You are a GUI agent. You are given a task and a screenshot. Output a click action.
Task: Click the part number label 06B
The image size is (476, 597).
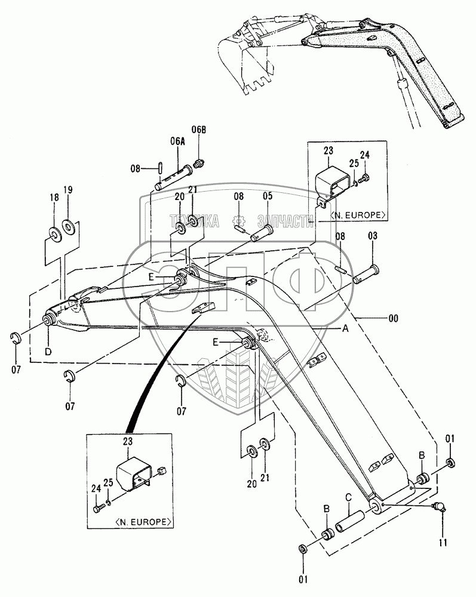(x=199, y=130)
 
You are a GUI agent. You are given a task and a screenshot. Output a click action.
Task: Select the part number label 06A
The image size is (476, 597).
(x=177, y=141)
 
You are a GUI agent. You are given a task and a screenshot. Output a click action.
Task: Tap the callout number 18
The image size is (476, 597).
(x=54, y=197)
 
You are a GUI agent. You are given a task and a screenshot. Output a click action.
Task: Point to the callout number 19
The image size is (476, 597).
(x=68, y=190)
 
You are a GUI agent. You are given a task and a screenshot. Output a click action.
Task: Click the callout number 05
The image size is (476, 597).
(x=268, y=196)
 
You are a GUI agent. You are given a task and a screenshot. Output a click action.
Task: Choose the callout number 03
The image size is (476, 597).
(x=373, y=236)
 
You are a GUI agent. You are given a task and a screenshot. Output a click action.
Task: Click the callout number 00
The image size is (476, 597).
(x=394, y=318)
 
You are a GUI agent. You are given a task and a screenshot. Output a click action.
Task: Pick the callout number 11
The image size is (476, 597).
(x=443, y=542)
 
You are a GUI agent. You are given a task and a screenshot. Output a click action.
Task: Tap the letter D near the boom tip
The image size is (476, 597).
(x=48, y=352)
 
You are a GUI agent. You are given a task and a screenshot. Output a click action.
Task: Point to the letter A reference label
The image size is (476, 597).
(x=345, y=328)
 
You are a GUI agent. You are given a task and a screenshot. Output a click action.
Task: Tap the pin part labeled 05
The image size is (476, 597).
(x=262, y=232)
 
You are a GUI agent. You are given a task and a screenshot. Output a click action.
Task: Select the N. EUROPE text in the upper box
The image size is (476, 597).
(x=358, y=216)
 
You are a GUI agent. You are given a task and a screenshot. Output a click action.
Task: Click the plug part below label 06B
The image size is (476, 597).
(x=199, y=164)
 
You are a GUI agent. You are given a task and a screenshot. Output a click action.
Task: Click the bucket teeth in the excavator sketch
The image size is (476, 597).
(x=260, y=85)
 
